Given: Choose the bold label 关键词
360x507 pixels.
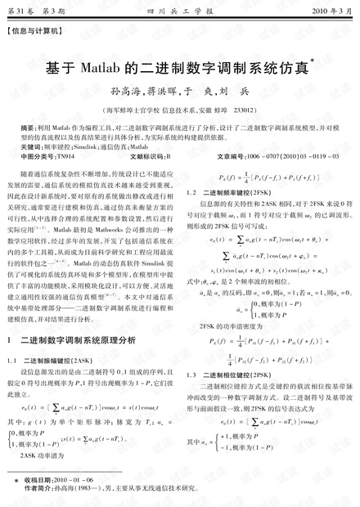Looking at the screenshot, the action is [30, 146].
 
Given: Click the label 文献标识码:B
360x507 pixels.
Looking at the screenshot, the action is [151, 155].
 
